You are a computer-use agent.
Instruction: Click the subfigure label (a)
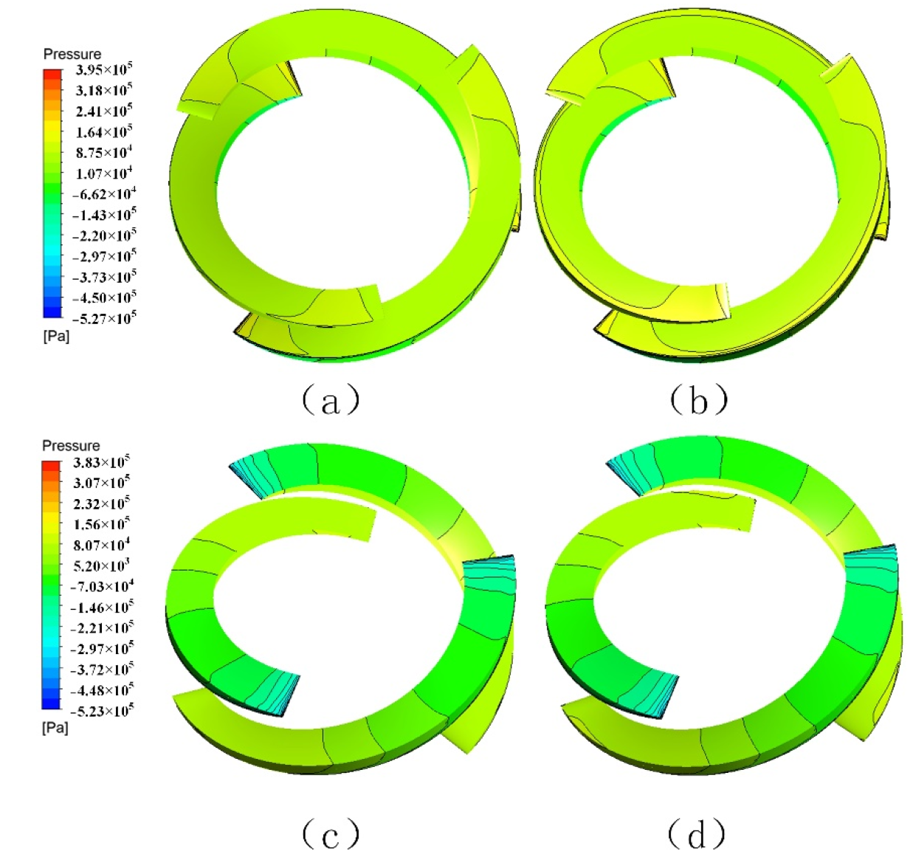tap(330, 400)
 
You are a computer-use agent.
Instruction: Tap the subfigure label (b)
tap(698, 400)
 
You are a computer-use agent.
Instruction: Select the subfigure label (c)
tap(330, 835)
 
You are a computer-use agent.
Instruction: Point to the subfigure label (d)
tap(696, 835)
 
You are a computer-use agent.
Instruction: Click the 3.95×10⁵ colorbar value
tap(104, 69)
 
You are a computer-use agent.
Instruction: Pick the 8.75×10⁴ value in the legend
tap(104, 152)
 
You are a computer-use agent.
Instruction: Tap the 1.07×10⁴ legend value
tap(104, 173)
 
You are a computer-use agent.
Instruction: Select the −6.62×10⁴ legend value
tap(103, 193)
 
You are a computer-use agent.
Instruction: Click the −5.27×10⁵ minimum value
tap(103, 318)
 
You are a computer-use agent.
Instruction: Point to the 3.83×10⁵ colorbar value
tap(102, 462)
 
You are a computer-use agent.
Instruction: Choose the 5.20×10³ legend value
tap(102, 565)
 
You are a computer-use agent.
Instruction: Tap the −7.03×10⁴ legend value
tap(102, 586)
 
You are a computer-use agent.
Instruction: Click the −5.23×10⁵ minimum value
tap(102, 711)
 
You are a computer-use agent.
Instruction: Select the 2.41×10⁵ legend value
tap(104, 111)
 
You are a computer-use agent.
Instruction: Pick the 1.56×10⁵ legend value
tap(102, 524)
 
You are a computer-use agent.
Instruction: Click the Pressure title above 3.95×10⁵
tap(72, 54)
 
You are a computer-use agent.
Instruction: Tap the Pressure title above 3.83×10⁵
tap(71, 446)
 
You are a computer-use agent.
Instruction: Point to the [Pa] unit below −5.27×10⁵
tap(56, 337)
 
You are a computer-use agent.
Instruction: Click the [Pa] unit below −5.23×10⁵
tap(55, 728)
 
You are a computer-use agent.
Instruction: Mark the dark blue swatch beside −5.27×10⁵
tap(52, 312)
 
